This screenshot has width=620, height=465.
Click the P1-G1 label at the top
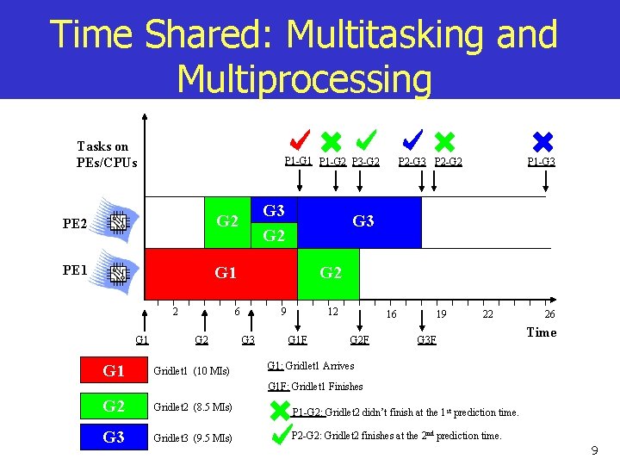298,161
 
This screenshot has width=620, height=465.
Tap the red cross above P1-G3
542,141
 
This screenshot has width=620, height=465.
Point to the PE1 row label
75,270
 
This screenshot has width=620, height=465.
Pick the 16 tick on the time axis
391,315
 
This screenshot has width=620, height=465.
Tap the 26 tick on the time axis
549,315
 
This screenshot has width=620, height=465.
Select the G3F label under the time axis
426,340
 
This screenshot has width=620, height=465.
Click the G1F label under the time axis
298,340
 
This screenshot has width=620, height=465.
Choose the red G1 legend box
114,371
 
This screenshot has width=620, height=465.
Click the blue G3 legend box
114,437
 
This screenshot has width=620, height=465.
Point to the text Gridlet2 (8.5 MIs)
191,406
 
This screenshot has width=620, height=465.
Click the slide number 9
594,451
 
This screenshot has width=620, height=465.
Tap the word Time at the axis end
541,332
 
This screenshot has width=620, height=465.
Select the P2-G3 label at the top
411,161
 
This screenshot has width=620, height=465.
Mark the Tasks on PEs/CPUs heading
106,154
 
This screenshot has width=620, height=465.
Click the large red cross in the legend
280,409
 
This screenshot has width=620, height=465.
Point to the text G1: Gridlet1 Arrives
311,366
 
